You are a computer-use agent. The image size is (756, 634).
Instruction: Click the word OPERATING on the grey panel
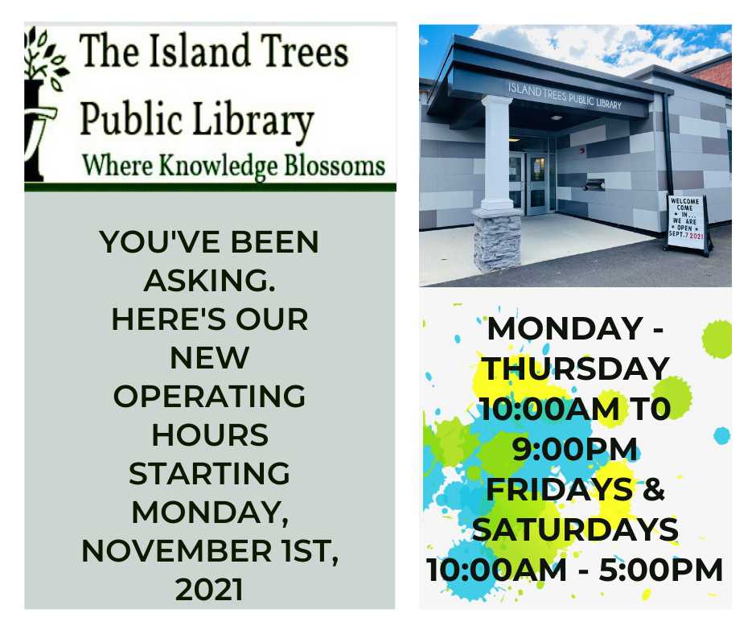(209, 396)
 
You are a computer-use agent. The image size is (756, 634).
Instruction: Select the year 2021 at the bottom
(209, 590)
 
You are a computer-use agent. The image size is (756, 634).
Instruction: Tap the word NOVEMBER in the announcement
(171, 551)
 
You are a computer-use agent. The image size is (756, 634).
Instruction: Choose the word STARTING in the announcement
(209, 473)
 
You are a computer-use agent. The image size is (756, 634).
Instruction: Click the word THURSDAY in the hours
(575, 368)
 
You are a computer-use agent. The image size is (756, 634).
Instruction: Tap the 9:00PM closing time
(575, 449)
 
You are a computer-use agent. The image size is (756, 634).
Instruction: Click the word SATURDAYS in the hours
(575, 529)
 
